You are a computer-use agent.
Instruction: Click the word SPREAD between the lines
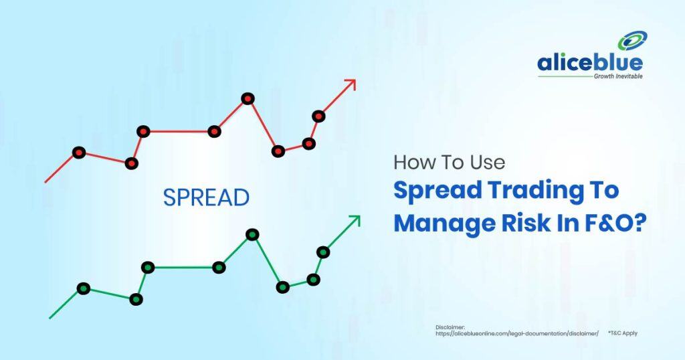click(206, 197)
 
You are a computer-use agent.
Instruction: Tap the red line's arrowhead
click(351, 84)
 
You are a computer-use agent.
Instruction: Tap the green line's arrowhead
click(355, 221)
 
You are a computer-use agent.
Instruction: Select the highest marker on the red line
click(248, 99)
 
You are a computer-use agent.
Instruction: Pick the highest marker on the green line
click(252, 235)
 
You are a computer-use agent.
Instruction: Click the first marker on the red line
click(79, 153)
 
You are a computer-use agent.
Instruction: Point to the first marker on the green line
click(84, 288)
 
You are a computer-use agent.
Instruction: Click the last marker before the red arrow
click(318, 116)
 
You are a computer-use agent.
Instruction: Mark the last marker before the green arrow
click(323, 252)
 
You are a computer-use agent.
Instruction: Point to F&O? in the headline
click(615, 223)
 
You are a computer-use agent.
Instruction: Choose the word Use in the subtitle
click(488, 163)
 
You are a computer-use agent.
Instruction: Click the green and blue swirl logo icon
click(632, 41)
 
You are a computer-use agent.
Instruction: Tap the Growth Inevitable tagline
click(618, 76)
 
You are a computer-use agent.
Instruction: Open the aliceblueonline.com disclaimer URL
click(517, 333)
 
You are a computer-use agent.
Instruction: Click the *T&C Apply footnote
click(623, 333)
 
